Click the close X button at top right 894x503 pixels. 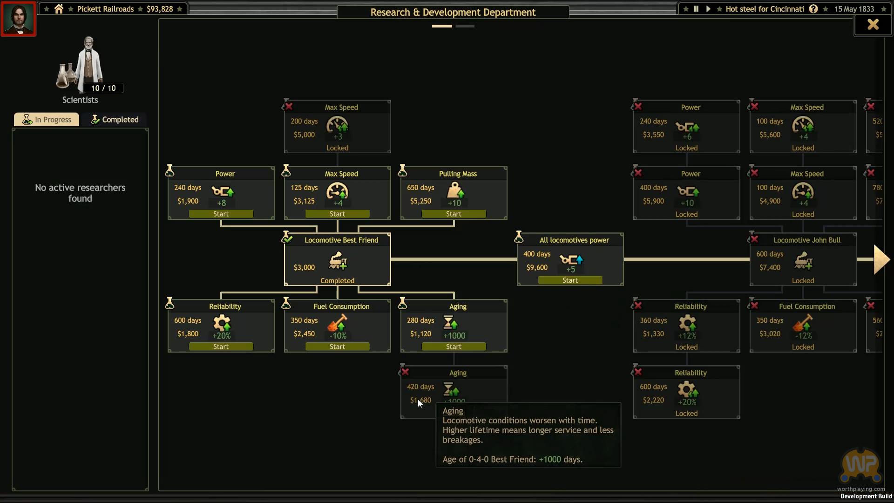click(873, 24)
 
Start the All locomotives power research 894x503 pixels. click(570, 280)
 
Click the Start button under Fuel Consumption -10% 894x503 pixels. click(337, 347)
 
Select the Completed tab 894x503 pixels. click(115, 120)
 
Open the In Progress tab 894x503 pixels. click(47, 120)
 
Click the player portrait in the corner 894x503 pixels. click(19, 19)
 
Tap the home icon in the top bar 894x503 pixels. click(59, 9)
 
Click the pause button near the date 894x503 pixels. click(696, 9)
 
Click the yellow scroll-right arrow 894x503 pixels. click(881, 259)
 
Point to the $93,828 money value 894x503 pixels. click(160, 9)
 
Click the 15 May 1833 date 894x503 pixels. click(854, 9)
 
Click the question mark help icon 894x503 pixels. click(813, 9)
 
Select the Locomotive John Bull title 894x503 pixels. click(807, 240)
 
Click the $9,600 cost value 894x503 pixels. click(537, 267)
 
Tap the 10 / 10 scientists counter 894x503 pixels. click(103, 88)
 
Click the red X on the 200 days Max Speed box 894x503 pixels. click(289, 107)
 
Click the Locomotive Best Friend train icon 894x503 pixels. click(338, 261)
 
